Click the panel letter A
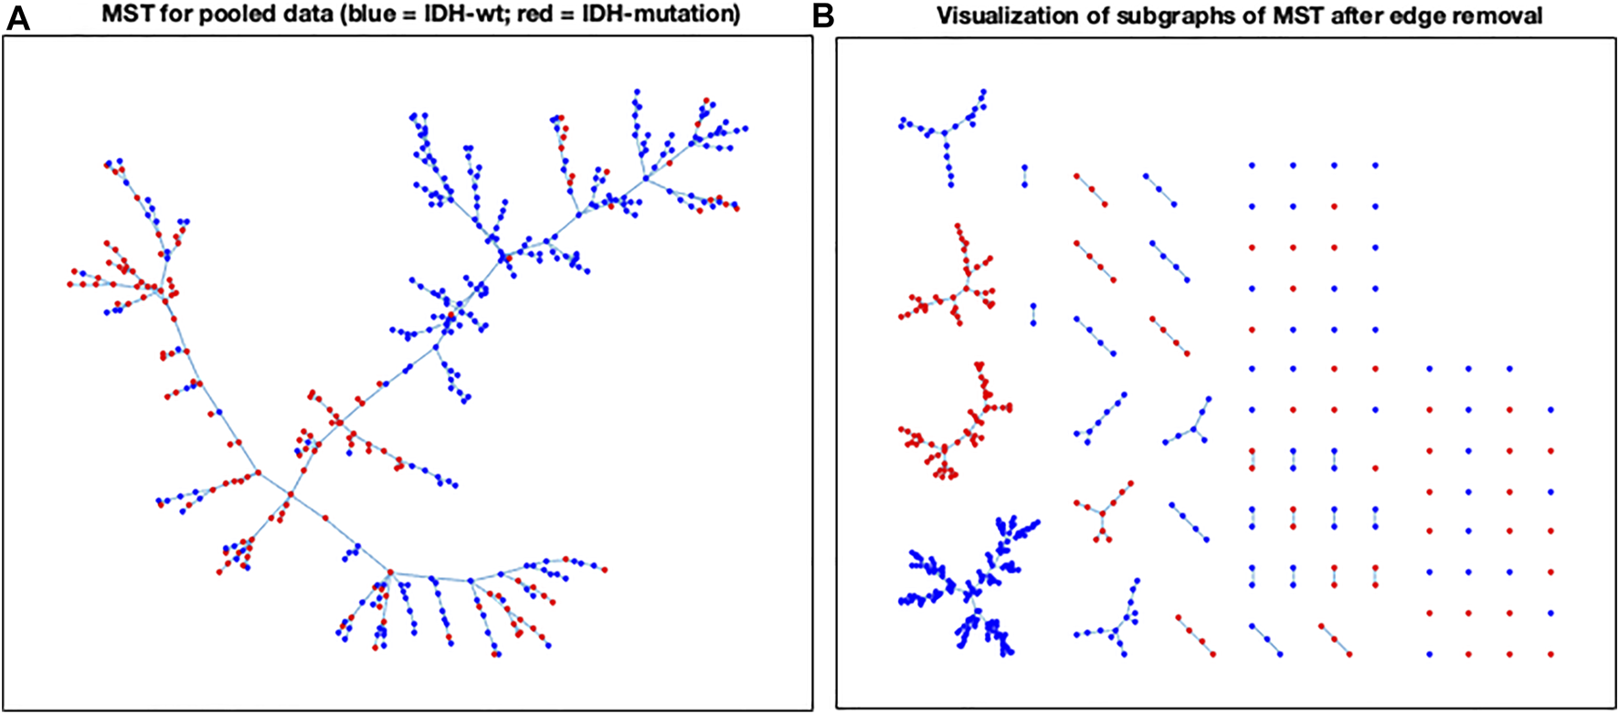click(x=18, y=17)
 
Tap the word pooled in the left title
click(x=198, y=16)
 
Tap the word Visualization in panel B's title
click(x=999, y=16)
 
